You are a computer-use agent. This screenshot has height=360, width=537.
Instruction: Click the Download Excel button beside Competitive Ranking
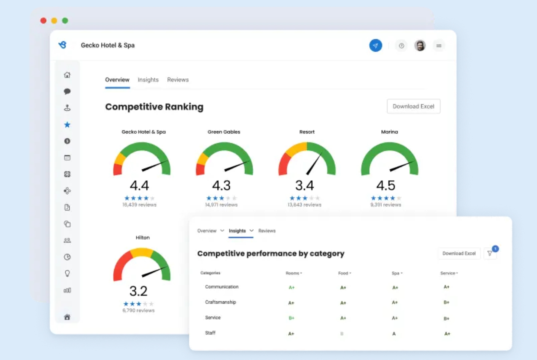[x=413, y=106]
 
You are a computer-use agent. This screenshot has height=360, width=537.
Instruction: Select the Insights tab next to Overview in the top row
[x=148, y=80]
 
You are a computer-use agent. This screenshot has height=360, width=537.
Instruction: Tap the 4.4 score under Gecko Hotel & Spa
[x=139, y=185]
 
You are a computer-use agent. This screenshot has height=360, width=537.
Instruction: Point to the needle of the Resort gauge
[x=314, y=164]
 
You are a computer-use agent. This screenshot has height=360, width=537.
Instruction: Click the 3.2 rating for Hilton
[x=138, y=291]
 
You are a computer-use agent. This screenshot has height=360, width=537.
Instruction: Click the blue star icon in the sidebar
[x=67, y=125]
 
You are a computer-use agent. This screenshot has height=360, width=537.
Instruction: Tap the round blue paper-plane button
[x=375, y=46]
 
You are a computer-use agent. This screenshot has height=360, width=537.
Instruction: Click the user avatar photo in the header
[x=420, y=46]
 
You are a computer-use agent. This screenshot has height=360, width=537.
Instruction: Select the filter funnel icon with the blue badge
[x=490, y=253]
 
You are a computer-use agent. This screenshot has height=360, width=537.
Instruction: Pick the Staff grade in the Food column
[x=342, y=334]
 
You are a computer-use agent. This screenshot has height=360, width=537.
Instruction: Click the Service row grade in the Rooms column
[x=291, y=318]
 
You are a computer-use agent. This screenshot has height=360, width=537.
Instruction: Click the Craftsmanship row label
[x=220, y=302]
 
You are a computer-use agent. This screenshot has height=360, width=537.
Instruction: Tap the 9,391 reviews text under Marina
[x=386, y=205]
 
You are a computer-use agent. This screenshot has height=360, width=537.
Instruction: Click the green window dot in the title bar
[x=65, y=21]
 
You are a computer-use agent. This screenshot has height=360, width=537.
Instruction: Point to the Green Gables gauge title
[x=224, y=132]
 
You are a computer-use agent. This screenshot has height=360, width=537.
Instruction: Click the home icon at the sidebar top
[x=67, y=75]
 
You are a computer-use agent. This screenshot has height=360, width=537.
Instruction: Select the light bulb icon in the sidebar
[x=67, y=273]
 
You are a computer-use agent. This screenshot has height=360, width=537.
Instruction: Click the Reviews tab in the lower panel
[x=267, y=231]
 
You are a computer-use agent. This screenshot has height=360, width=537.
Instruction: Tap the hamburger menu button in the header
[x=439, y=46]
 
